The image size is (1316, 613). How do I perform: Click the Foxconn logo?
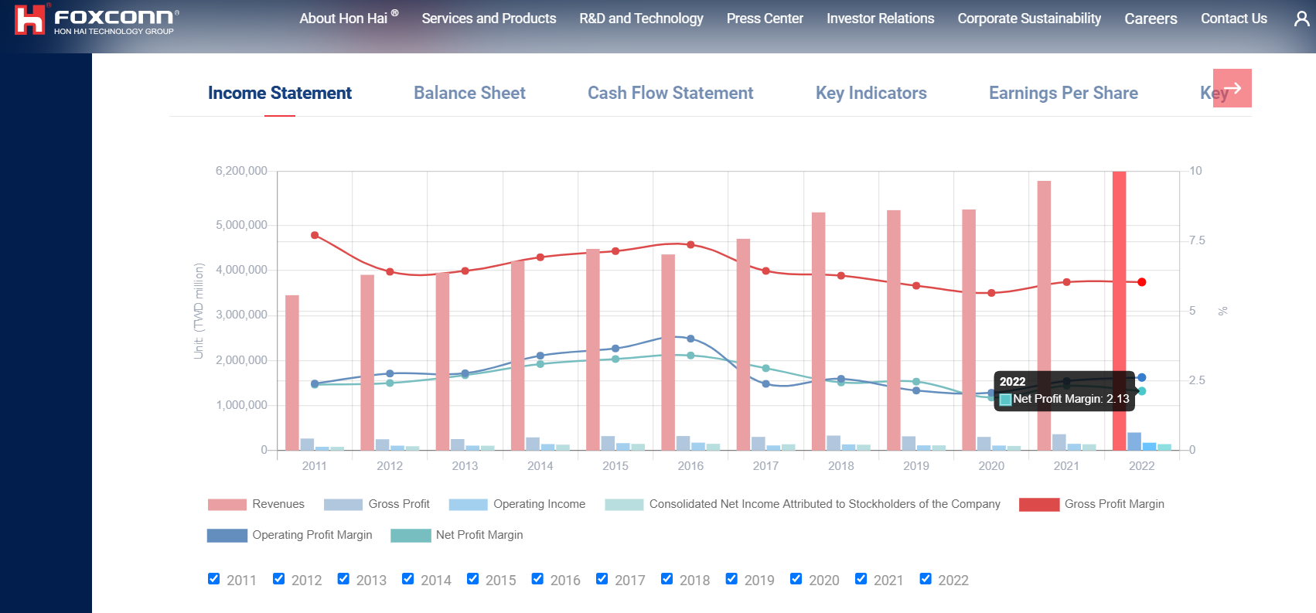coord(97,19)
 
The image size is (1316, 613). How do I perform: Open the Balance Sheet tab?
coord(469,93)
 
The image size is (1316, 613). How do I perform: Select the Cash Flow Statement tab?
coord(670,93)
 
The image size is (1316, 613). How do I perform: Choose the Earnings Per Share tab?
coord(1063,93)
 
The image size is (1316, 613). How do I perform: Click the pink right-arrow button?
coord(1232,88)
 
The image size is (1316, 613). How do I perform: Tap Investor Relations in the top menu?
coord(880,19)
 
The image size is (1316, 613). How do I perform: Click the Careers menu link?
coord(1151,19)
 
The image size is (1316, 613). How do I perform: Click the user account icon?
coord(1302,19)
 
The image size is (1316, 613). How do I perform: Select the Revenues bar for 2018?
coord(818,331)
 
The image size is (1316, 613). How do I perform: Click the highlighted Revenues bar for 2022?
coord(1119,311)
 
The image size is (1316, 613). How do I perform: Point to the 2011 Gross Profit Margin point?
coord(315,236)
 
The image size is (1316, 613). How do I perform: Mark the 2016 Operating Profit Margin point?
coord(691,339)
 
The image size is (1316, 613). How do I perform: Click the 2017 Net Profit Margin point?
coord(766,368)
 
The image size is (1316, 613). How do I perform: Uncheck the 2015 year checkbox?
coord(472,579)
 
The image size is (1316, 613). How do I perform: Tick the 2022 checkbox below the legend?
coord(926,579)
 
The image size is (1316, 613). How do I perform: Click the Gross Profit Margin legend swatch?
coord(1039,504)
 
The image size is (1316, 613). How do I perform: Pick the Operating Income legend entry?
coord(517,504)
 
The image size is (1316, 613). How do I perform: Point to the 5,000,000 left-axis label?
coord(241,225)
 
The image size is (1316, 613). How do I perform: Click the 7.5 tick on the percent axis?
coord(1197,240)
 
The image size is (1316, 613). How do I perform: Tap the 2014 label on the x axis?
coord(540,465)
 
